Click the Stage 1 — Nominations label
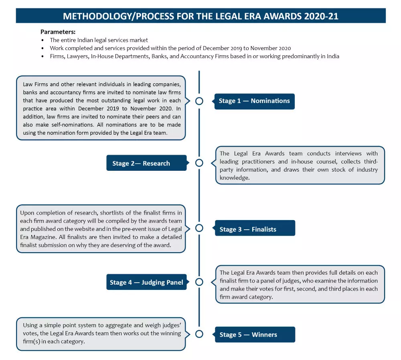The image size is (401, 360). tap(254, 101)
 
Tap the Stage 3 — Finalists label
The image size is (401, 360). tap(255, 229)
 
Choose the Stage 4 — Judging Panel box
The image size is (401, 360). tap(146, 282)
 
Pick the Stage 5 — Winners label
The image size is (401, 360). tap(255, 335)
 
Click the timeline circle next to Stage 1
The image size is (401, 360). tap(199, 101)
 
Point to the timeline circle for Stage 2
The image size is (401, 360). tap(199, 163)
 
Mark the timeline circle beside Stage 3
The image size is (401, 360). tap(199, 228)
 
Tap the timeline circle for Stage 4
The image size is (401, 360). tap(199, 282)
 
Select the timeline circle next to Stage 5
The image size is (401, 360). tap(199, 334)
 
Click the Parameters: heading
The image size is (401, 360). tap(58, 32)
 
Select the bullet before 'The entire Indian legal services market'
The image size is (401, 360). tap(43, 40)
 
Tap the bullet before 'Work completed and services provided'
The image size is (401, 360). tap(43, 49)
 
